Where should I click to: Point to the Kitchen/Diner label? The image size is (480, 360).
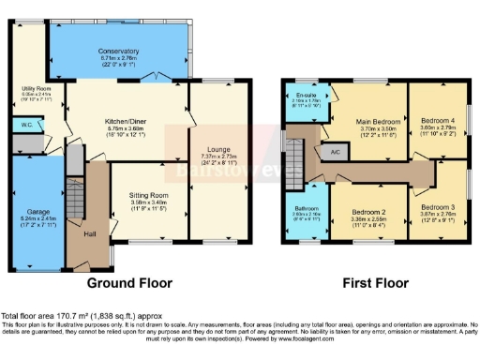tap(125, 120)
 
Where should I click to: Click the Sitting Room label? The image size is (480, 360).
tap(147, 196)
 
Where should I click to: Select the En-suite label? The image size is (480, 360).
tap(302, 94)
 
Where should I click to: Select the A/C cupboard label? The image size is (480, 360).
tap(334, 151)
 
